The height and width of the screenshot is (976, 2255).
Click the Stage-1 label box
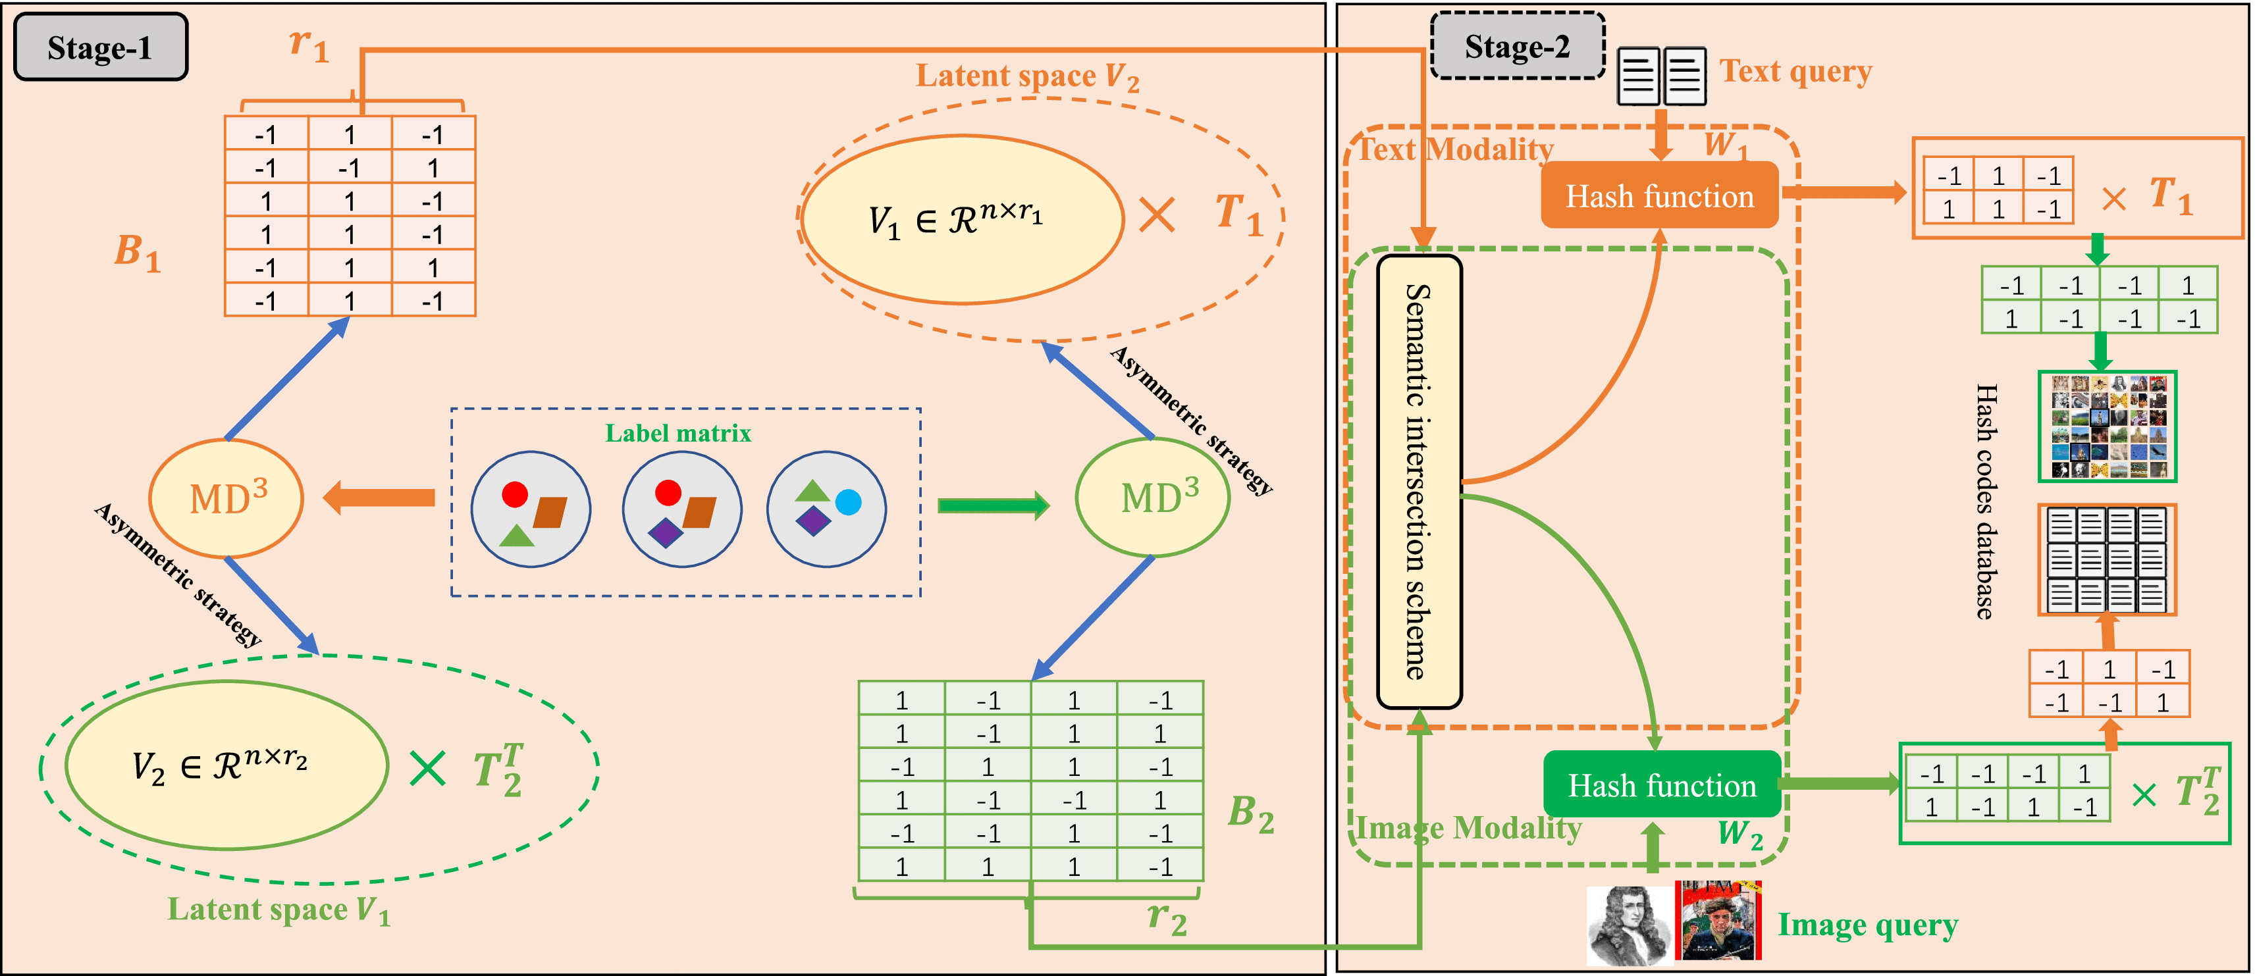(101, 47)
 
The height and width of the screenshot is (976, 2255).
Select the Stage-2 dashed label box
(1517, 46)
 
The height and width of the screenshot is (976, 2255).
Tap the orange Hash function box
(1659, 196)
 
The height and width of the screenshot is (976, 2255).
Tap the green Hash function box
(1662, 785)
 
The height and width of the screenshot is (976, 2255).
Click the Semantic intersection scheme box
(1419, 482)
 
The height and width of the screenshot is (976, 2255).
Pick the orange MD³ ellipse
(226, 499)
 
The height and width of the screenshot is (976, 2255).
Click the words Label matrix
(678, 433)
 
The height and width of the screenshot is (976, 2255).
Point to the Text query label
(1795, 71)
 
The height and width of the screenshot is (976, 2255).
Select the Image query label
(1867, 925)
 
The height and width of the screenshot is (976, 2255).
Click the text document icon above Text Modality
(1660, 77)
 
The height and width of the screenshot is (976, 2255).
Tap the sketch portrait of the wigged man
(1628, 926)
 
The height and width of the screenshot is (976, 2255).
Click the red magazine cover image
(1718, 921)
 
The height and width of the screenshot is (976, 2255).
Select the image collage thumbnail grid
(2107, 426)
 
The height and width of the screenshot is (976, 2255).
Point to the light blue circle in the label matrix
(848, 501)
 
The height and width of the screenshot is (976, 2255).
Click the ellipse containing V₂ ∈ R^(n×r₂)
(226, 765)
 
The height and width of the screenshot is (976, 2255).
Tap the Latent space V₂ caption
(1027, 77)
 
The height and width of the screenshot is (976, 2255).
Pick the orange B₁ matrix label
(138, 252)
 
